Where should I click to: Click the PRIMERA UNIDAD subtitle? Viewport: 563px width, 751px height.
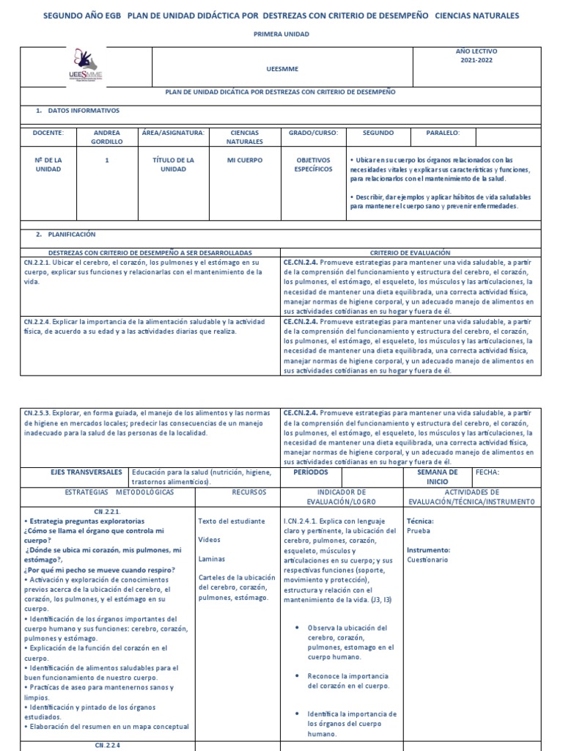[281, 34]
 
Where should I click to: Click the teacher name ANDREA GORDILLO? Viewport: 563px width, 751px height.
[107, 137]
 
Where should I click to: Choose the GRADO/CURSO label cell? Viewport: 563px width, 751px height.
[313, 133]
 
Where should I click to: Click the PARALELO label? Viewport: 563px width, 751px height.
[443, 133]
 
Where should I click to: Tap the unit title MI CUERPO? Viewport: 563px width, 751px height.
[245, 159]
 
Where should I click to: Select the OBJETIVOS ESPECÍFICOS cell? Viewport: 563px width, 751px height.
[313, 164]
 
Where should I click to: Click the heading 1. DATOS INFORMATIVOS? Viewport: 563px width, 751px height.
[78, 110]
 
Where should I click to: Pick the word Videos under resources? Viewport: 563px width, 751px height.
[209, 539]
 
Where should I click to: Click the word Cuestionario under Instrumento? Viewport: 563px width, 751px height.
[427, 560]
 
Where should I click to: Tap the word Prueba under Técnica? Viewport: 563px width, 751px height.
[418, 530]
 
